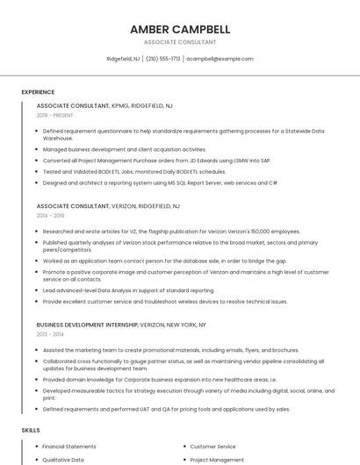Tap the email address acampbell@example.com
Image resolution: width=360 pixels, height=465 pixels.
(220, 59)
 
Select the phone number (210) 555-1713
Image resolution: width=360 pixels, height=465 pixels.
(162, 59)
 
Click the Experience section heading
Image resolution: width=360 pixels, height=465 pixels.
(38, 92)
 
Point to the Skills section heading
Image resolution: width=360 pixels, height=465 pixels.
(31, 431)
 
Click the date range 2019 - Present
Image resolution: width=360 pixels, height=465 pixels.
(54, 115)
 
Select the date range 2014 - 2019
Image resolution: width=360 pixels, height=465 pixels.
(50, 215)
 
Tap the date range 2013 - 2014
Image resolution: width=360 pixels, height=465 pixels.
(50, 334)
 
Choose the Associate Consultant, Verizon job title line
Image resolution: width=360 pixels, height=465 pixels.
(108, 205)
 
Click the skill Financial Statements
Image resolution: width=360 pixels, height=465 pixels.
(69, 447)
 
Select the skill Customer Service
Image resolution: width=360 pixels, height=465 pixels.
(212, 447)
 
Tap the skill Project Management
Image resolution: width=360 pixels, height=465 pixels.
(217, 459)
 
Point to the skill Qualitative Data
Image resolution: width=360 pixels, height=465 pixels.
(63, 459)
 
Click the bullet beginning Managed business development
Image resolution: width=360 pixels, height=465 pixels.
(125, 149)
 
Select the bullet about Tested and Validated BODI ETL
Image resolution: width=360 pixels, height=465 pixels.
(133, 172)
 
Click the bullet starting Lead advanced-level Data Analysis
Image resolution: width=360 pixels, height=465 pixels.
(128, 290)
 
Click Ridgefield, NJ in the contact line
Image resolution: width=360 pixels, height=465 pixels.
(123, 59)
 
